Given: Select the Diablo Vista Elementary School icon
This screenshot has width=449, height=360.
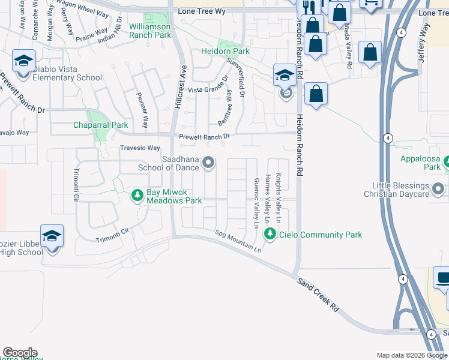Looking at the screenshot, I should (x=23, y=62).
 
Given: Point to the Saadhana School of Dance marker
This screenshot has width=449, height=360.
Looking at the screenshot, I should (x=208, y=162).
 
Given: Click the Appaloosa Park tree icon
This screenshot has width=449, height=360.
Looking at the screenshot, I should (x=445, y=161).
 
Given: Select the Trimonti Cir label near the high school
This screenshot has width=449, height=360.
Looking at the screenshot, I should (x=113, y=235).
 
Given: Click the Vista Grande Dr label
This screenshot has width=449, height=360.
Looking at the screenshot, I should (x=208, y=89).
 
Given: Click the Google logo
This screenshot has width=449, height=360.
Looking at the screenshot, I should (x=20, y=353).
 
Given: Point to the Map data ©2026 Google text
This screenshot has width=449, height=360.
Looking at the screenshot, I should (x=411, y=355).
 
